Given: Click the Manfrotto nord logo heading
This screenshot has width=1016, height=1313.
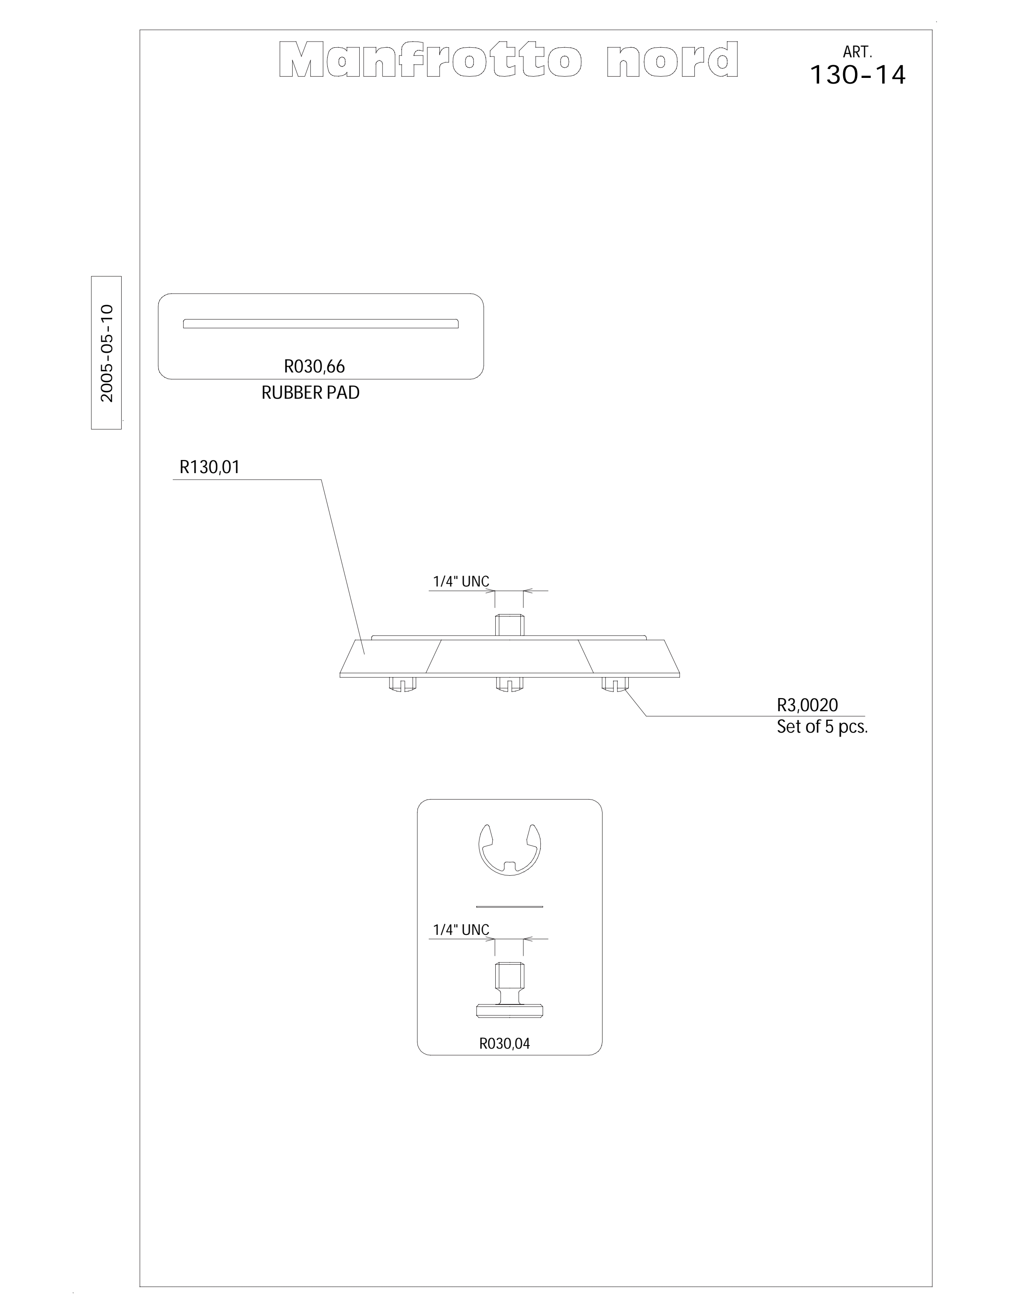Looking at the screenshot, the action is tap(508, 60).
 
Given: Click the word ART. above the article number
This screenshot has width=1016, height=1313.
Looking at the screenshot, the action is tap(857, 53).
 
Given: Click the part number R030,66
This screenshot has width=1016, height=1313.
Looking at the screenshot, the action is tap(315, 366).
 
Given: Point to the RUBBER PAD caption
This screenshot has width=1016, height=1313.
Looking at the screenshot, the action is tap(310, 393).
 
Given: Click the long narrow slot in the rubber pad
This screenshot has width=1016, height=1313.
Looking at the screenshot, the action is tap(320, 323).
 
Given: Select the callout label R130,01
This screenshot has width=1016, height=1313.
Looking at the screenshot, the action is tap(209, 467).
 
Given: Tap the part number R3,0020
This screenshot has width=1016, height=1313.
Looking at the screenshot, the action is tap(807, 705).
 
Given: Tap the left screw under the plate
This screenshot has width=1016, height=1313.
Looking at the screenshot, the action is tap(403, 684).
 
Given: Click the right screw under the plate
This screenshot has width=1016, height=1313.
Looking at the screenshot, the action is tap(616, 684).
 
